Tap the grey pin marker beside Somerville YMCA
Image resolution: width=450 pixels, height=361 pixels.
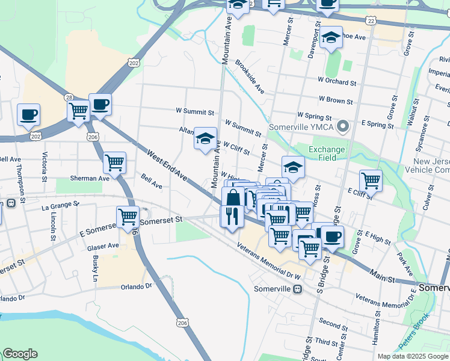(343, 126)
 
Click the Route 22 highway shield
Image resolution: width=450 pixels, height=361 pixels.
(371, 20)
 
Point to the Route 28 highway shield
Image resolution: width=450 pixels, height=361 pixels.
(69, 97)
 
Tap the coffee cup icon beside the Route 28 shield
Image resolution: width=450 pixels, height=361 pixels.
(100, 105)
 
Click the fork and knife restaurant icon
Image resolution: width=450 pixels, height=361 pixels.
(232, 215)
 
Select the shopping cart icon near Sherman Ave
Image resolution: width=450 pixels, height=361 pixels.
(114, 162)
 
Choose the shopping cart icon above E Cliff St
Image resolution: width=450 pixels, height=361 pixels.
(371, 180)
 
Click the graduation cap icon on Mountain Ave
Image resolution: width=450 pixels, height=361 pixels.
(205, 139)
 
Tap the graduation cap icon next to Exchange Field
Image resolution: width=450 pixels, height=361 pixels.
(293, 167)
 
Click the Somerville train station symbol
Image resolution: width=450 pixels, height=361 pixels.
(297, 289)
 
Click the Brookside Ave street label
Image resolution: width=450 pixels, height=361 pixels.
(250, 76)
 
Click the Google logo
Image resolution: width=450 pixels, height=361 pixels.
(20, 354)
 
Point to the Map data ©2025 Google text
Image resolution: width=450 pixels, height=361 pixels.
(413, 356)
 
